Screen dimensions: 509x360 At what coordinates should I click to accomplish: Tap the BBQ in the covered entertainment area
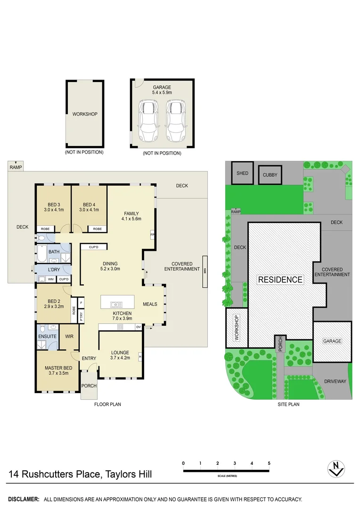[205, 271]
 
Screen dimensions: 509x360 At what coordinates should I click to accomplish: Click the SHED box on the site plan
[242, 173]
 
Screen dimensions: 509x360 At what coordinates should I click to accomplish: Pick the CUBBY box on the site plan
[270, 175]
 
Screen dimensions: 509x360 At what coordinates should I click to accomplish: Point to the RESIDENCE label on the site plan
[280, 279]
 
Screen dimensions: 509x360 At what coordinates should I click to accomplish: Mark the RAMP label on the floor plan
[16, 167]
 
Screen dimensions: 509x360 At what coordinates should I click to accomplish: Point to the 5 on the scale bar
[269, 463]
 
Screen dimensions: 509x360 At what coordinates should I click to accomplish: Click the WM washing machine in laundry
[50, 279]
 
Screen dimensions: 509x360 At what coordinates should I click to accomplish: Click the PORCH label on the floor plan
[89, 386]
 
